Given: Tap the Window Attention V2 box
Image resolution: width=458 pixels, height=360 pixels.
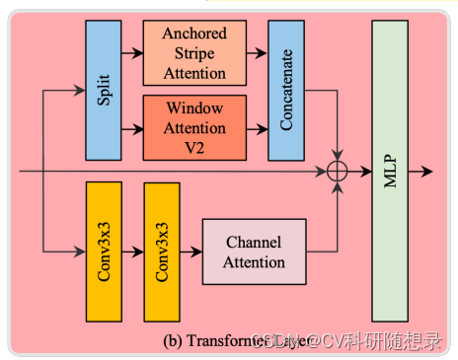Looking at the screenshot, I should click(x=193, y=126).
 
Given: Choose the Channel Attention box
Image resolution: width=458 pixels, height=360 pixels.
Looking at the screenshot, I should click(x=254, y=252).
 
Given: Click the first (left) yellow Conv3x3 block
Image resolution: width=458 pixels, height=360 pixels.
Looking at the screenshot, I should click(x=103, y=252).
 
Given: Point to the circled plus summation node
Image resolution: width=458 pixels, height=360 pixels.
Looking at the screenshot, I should click(x=338, y=171).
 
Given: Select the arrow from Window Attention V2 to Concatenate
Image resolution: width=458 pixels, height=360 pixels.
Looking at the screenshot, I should click(x=256, y=126).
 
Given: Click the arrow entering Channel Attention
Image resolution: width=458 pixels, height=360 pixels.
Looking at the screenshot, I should click(x=191, y=252).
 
